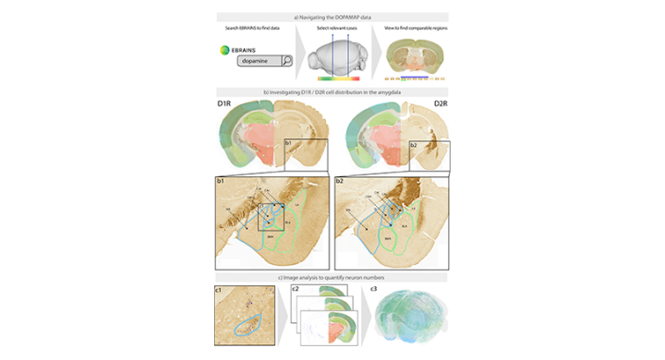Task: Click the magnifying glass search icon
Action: click(x=286, y=62)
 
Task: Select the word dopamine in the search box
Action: click(x=257, y=62)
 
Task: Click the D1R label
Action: click(x=224, y=102)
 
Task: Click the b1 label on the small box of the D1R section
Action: click(x=288, y=144)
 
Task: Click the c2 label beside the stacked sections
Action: click(x=295, y=289)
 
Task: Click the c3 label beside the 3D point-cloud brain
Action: click(x=373, y=289)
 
